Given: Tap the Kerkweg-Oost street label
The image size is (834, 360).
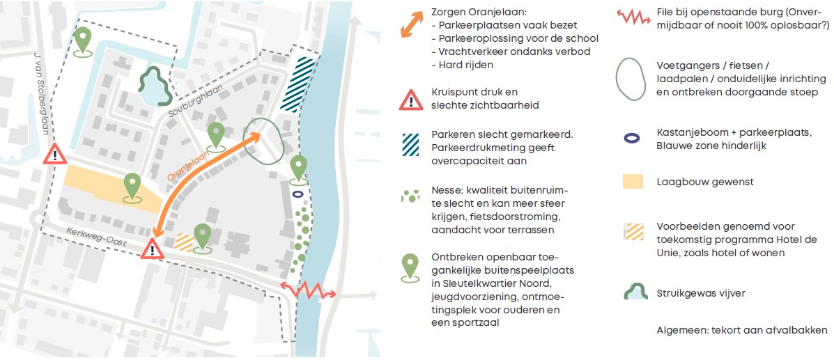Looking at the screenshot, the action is tap(98, 237).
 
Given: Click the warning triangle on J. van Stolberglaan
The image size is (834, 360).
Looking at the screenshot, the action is tap(55, 154).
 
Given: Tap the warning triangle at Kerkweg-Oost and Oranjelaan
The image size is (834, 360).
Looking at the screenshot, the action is tap(153, 249).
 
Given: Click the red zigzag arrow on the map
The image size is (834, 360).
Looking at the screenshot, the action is tap(309, 291).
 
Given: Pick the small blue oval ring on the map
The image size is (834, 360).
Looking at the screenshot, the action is tap(298, 195).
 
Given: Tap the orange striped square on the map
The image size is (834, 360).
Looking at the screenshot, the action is tap(184, 242).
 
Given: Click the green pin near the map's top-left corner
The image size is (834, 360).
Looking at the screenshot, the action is tap(82, 42).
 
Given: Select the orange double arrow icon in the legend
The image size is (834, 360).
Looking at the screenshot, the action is tap(412, 24).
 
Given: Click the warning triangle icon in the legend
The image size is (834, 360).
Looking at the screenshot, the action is tap(410, 100).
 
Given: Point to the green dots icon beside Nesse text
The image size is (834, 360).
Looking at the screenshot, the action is tap(410, 196).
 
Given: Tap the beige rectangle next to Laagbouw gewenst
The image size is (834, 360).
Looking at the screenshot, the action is tap(633, 181).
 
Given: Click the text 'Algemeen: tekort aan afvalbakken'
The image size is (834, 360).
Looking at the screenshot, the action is tap(742, 330).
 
